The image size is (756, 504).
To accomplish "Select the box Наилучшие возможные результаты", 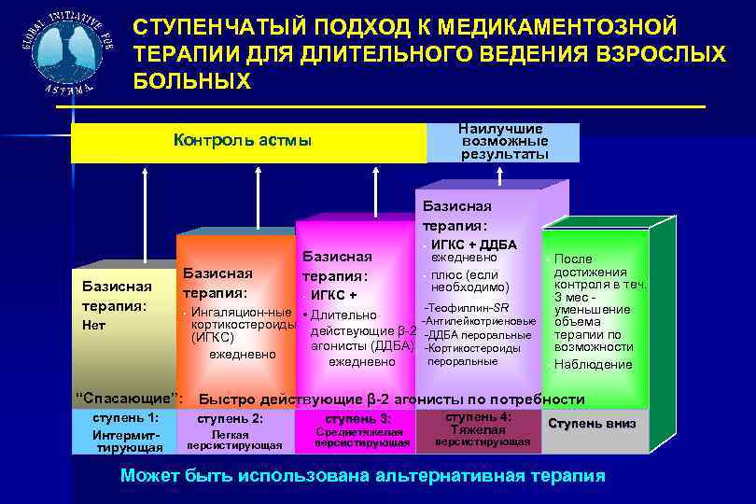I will click(x=504, y=141).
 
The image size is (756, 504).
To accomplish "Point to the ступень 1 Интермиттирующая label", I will click(x=126, y=432).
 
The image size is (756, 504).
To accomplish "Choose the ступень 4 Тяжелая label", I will click(x=479, y=429).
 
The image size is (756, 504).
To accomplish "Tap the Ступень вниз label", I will click(x=592, y=424).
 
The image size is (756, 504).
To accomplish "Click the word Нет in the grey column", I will click(x=95, y=326).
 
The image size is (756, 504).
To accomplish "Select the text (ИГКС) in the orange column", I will click(x=212, y=338).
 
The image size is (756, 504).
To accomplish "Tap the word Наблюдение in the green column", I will click(x=593, y=364).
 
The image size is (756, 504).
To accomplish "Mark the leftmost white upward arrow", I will click(x=145, y=213).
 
